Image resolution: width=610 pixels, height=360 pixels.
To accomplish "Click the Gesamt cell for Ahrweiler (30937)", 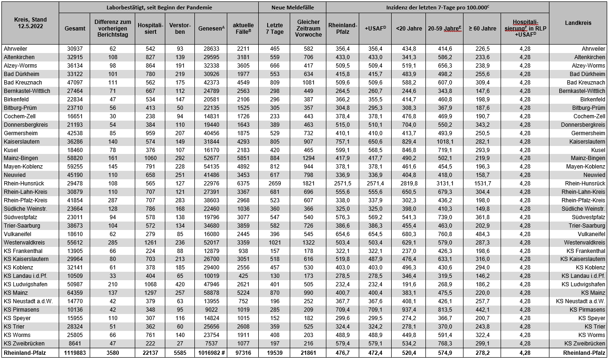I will click(x=75, y=49).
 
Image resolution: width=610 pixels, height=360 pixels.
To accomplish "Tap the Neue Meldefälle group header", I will click(x=292, y=8).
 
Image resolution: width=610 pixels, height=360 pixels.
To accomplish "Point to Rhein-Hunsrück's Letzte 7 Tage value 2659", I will click(x=274, y=184).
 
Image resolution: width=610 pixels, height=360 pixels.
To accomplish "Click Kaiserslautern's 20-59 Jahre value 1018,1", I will click(x=444, y=141).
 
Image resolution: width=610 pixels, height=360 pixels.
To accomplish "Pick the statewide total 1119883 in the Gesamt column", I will click(x=75, y=353).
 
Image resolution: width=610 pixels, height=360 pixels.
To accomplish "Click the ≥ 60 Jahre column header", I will click(x=481, y=29).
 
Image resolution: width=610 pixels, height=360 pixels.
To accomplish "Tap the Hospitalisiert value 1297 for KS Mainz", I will click(x=150, y=293).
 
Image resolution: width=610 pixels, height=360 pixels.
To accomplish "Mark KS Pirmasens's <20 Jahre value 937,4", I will click(x=408, y=310).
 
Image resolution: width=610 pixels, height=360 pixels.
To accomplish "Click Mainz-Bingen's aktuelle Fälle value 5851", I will click(x=242, y=158).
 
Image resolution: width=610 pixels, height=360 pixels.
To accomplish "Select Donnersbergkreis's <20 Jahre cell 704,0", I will click(x=408, y=125).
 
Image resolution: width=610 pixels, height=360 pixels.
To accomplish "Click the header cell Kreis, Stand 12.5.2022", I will click(x=30, y=22).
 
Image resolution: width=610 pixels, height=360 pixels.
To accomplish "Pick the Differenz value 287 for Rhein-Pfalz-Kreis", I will click(x=112, y=200).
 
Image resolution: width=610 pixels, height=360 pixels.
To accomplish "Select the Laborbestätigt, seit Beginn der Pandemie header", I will click(x=159, y=8).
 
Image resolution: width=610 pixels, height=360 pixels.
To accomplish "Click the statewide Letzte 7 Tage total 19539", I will click(x=274, y=353).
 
